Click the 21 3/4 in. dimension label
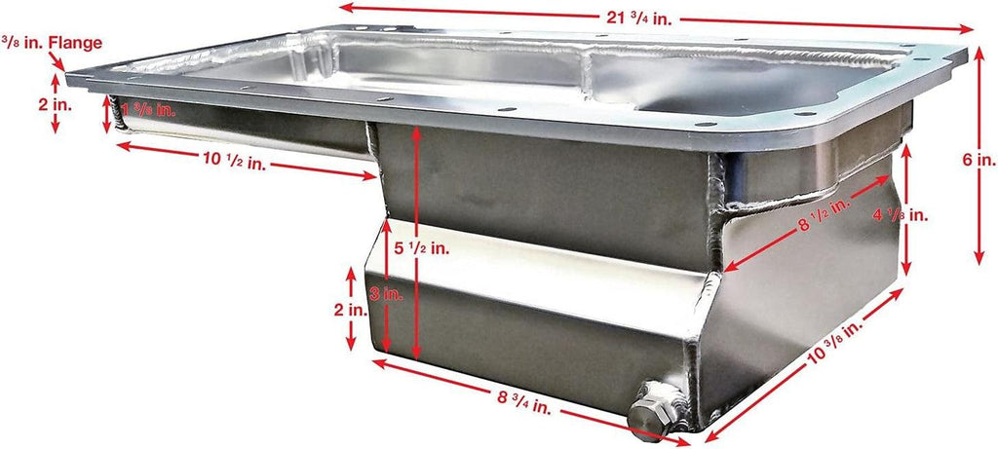click(x=638, y=18)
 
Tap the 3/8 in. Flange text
click(x=53, y=43)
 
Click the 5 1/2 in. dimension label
click(x=421, y=248)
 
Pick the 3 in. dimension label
click(x=385, y=294)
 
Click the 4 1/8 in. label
click(x=900, y=215)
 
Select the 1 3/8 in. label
click(x=149, y=109)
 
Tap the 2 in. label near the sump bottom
click(x=351, y=310)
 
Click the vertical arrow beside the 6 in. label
click(x=979, y=157)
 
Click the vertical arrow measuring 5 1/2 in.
click(x=416, y=243)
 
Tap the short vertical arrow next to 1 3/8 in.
click(x=107, y=114)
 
